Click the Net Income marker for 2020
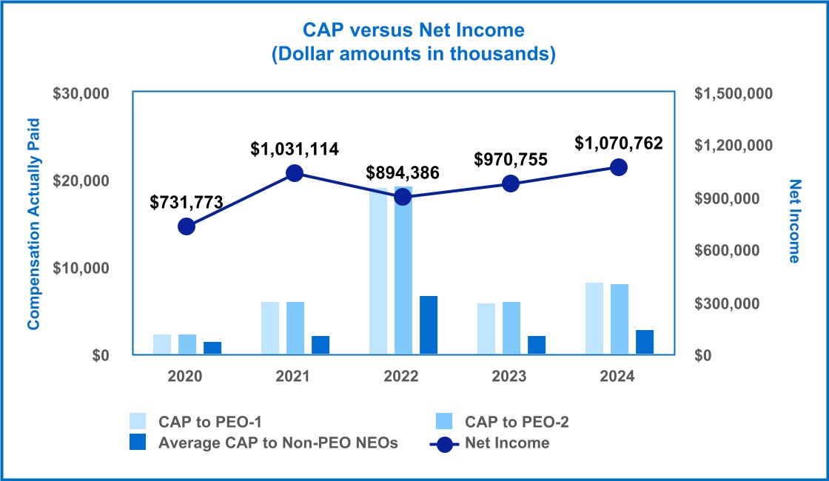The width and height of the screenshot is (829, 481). click(187, 226)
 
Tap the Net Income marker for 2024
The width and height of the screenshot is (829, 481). click(619, 167)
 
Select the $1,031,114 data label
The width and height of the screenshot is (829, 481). click(295, 149)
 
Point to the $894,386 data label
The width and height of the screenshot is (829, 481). click(403, 173)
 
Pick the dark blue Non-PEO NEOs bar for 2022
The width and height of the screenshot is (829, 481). click(429, 326)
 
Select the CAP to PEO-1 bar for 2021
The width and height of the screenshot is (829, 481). click(270, 329)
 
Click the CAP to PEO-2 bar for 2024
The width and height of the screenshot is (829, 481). click(620, 320)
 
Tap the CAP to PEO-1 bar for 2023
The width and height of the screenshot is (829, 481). click(486, 329)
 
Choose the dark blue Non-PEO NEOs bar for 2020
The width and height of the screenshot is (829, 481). click(212, 348)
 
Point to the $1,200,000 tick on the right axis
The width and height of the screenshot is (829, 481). click(733, 145)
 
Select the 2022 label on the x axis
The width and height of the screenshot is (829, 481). click(401, 377)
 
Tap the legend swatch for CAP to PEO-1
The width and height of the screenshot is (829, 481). click(138, 422)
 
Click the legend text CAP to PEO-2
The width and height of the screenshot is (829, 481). click(517, 422)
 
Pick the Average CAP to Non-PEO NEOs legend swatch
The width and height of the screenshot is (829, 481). click(138, 443)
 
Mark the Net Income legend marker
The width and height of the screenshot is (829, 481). click(444, 443)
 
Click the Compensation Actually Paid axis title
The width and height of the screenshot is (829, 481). click(33, 223)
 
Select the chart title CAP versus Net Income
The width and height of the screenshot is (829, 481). click(414, 30)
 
